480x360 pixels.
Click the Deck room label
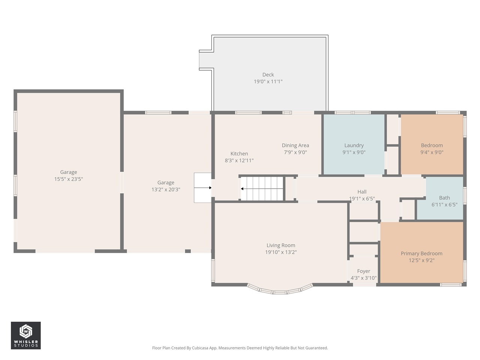point(268,75)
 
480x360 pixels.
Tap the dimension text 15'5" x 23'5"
point(68,179)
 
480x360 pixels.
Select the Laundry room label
point(354,145)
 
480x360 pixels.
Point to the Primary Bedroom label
point(421,253)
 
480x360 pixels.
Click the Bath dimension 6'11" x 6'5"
point(444,205)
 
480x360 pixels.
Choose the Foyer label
point(363,271)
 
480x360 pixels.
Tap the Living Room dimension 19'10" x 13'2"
point(280,252)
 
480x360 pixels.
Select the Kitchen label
point(239,154)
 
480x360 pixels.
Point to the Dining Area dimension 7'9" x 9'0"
point(295,152)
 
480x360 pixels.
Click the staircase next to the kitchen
point(262,188)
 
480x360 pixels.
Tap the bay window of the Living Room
point(280,290)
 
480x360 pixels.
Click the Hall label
point(361,192)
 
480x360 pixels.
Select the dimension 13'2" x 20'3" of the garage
point(166,190)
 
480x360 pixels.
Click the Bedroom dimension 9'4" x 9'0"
point(432,152)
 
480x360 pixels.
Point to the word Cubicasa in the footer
point(201,348)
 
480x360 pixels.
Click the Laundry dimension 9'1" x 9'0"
point(354,152)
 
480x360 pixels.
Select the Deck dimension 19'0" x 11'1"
point(268,81)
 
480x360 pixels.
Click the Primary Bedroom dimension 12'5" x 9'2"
point(421,260)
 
